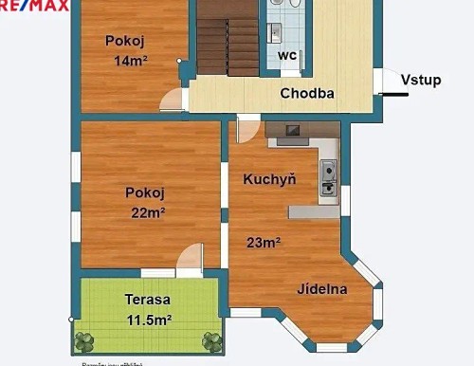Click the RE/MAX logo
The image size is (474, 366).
coord(34,6)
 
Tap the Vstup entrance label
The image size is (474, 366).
coord(420,80)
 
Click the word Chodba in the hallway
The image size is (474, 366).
coord(306,94)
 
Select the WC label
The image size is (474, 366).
coord(288,56)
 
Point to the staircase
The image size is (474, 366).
coord(227,38)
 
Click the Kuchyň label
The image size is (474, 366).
coord(269,178)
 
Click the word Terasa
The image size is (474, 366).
coord(147,300)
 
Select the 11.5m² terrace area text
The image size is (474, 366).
coord(148,320)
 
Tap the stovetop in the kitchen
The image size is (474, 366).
coord(293,130)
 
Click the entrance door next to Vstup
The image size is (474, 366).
coord(384,82)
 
